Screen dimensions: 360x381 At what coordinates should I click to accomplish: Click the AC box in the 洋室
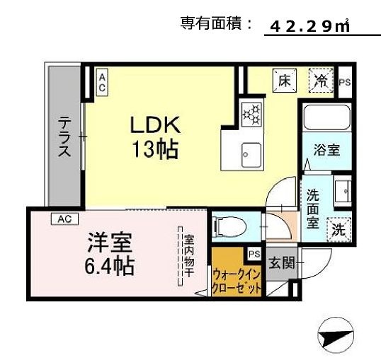pos(64,219)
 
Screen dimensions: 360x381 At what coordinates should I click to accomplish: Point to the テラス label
pos(64,138)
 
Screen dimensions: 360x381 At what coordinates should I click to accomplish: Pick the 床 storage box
pos(283,79)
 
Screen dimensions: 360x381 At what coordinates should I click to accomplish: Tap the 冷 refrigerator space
pos(320,79)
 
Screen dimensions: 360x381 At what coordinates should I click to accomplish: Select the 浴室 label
pos(326,150)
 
